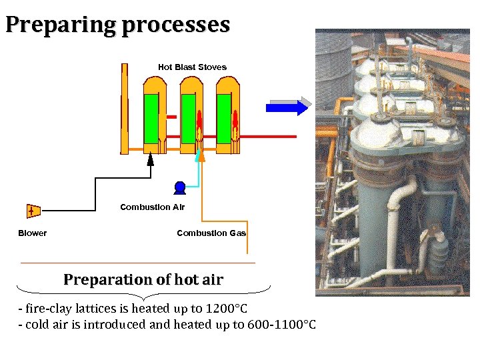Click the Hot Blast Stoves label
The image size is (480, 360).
[x=192, y=67]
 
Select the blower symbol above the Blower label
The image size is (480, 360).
[x=32, y=211]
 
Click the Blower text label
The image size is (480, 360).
[x=32, y=233]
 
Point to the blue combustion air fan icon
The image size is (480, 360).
[x=179, y=187]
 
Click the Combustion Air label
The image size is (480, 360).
[x=152, y=207]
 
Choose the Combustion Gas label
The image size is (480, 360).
[x=211, y=233]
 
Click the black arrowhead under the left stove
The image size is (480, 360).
[x=151, y=159]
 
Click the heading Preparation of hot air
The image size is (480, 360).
[x=143, y=280]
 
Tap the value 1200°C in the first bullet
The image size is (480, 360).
[x=224, y=309]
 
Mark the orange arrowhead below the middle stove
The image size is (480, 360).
[x=202, y=157]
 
